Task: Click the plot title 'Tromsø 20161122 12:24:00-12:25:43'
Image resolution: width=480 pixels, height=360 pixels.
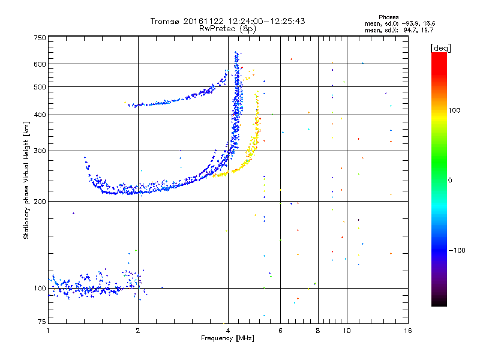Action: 227,21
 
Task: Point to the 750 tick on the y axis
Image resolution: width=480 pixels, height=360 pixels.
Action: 40,38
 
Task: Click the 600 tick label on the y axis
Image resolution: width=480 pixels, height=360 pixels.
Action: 40,64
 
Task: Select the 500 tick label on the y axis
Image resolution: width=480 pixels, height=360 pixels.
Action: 40,87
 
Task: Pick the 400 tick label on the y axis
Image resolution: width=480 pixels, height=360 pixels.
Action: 40,115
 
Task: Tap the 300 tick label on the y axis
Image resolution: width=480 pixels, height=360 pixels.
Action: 40,151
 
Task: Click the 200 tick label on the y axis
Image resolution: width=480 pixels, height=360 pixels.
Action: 40,202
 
